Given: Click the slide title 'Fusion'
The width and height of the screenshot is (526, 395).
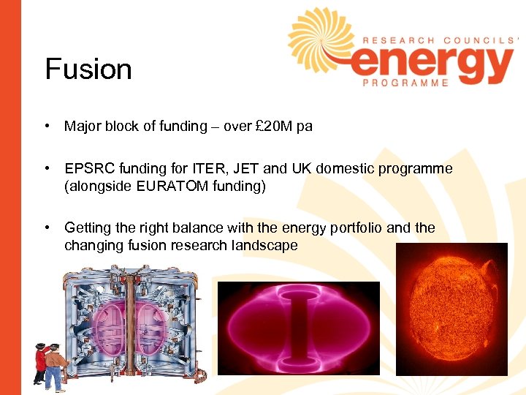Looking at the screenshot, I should pyautogui.click(x=88, y=69).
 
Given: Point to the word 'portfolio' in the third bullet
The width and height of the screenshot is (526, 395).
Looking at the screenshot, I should pyautogui.click(x=353, y=227).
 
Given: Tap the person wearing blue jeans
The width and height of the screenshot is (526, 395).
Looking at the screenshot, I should pyautogui.click(x=54, y=366).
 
